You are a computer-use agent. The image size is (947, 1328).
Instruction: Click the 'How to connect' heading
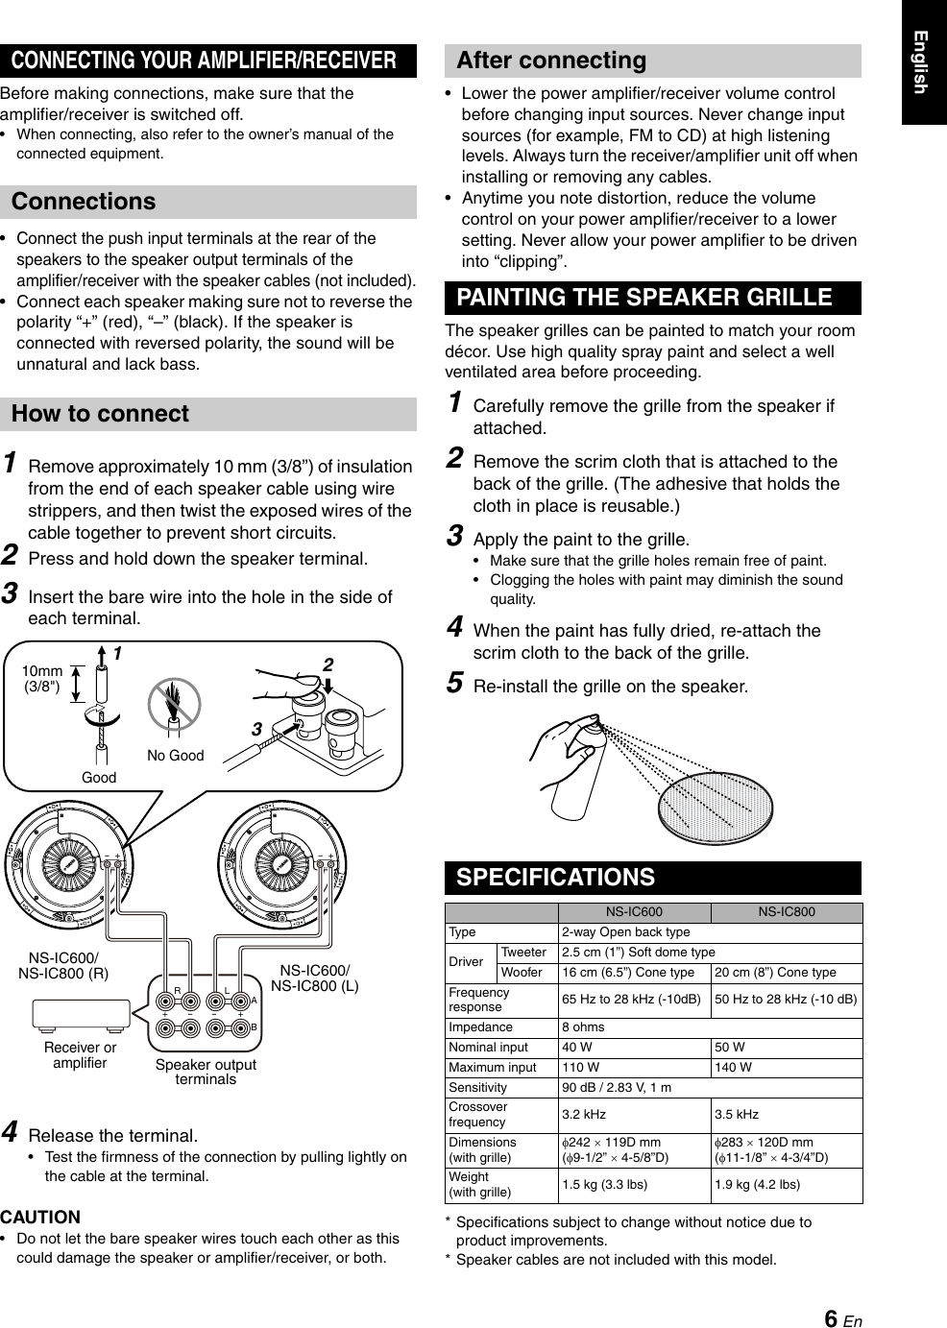[100, 414]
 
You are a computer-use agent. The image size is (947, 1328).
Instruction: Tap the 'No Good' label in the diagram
[175, 756]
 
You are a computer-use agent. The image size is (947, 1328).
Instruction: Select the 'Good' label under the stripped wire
[98, 778]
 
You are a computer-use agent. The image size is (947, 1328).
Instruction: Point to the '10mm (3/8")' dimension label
[42, 678]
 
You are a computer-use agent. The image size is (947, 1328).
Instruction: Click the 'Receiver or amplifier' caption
[80, 1054]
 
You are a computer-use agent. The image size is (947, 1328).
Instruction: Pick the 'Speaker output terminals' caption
[206, 1072]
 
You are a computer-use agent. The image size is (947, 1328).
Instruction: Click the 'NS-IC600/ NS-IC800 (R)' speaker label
[63, 965]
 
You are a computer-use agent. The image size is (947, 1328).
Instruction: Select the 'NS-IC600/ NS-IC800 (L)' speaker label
[314, 977]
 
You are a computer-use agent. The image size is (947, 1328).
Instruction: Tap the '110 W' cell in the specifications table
[580, 1067]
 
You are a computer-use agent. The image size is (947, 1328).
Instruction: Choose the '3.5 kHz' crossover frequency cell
[736, 1114]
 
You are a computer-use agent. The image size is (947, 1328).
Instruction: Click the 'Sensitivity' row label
[477, 1087]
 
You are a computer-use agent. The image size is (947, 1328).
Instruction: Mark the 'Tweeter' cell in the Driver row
[523, 953]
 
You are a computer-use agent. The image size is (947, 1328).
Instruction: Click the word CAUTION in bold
[40, 1217]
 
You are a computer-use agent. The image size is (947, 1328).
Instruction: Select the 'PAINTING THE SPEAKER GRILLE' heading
[643, 298]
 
